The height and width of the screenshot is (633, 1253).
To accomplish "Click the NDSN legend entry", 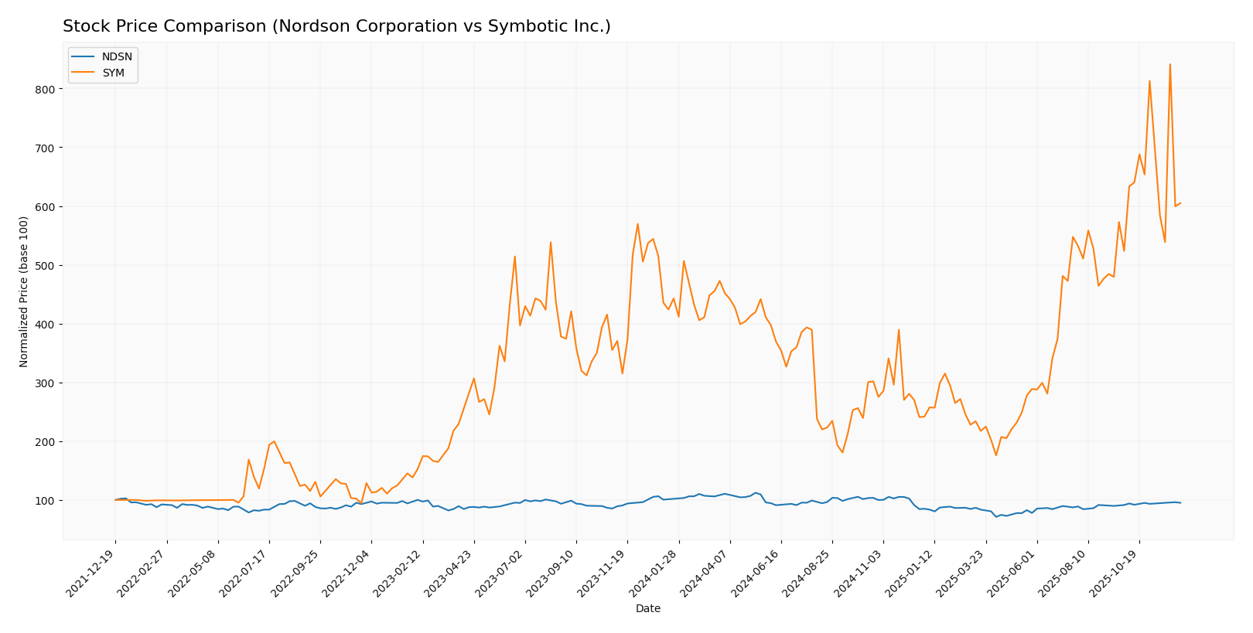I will coord(117,56).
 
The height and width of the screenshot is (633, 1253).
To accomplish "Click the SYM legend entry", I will coord(113,73).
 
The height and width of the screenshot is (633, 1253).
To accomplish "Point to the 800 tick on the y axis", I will coord(45,89).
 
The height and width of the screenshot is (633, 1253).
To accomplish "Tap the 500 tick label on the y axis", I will coord(45,265).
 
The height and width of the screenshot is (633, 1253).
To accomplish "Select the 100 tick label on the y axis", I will coord(45,500).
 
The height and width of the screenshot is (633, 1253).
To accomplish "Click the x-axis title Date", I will coord(647,609).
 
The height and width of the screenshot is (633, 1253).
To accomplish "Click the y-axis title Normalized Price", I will coord(24,291).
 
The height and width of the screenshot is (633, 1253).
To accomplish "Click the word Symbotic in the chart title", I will coord(517,27).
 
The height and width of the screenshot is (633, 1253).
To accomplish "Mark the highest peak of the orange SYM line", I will coord(1169,64).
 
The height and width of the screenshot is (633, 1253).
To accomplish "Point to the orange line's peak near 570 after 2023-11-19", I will coord(637,224).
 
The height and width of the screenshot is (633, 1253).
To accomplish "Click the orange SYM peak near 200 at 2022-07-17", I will coord(274,441).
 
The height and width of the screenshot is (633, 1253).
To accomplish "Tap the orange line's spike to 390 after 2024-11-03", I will coord(898,330).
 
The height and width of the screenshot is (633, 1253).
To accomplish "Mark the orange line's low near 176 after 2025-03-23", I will coord(995,455).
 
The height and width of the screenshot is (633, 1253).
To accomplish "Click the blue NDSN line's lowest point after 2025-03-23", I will coord(996,516).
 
